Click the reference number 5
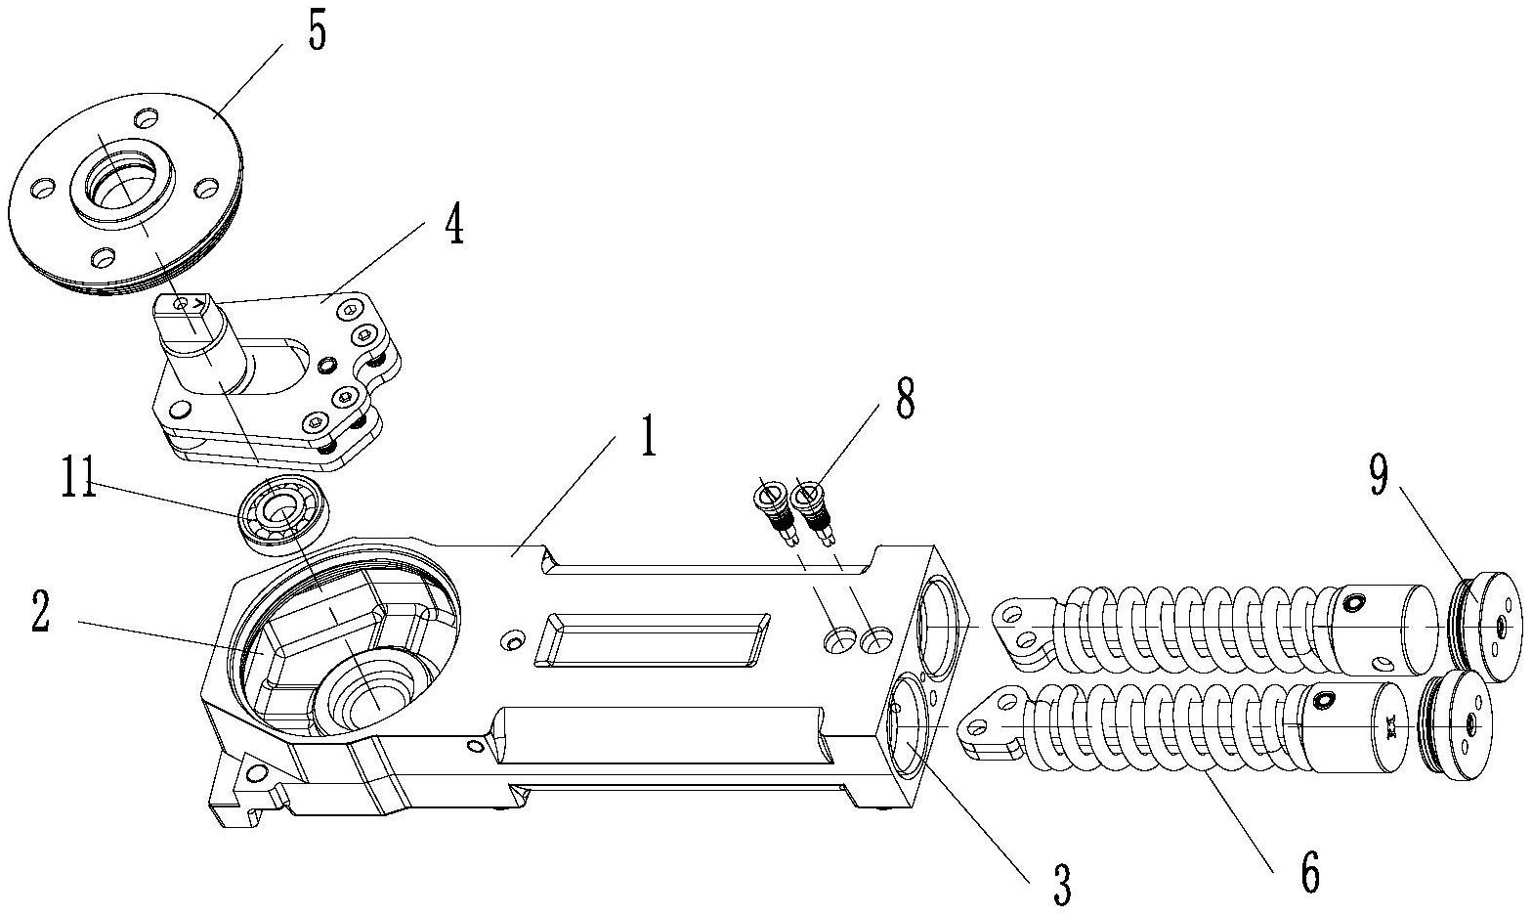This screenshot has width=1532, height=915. (x=317, y=31)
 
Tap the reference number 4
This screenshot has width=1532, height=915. (x=454, y=224)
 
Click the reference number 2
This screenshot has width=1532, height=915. (x=40, y=612)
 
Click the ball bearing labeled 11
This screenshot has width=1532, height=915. (x=283, y=514)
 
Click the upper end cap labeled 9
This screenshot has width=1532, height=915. (x=1485, y=627)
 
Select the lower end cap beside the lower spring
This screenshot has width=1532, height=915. (x=1455, y=725)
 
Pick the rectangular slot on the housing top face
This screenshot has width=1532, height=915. (x=652, y=639)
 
